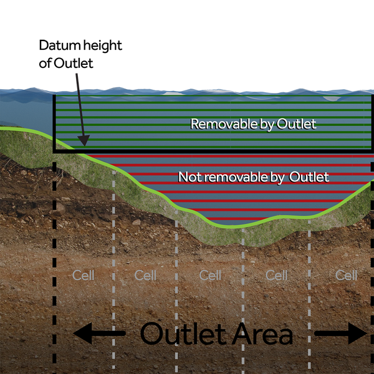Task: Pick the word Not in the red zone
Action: click(188, 177)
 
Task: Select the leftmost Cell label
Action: click(83, 275)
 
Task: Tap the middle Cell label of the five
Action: click(210, 275)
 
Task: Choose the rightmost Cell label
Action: click(346, 275)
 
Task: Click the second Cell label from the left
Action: click(145, 275)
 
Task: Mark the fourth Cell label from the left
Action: click(276, 275)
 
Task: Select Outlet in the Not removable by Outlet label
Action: click(309, 177)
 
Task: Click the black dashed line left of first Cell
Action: click(55, 262)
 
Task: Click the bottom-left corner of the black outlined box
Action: click(55, 151)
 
